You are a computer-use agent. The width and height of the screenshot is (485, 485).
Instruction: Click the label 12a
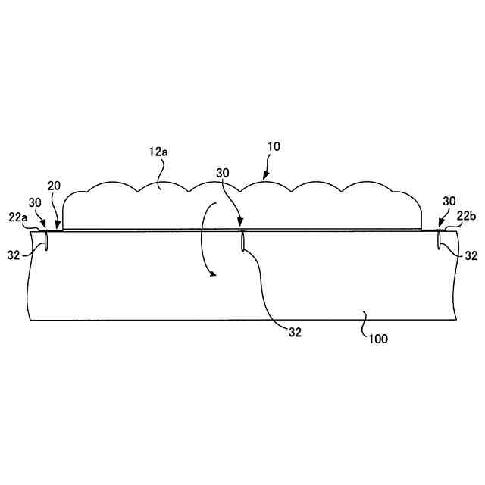[158, 152]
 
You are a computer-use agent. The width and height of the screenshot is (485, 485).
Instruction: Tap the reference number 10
[274, 146]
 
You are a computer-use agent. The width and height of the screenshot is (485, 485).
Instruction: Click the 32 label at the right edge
[471, 256]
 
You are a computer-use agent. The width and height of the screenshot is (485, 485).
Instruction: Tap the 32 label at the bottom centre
[296, 331]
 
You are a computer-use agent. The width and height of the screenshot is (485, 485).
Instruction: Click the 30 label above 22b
[449, 202]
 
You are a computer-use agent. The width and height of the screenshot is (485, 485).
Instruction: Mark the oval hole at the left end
[45, 240]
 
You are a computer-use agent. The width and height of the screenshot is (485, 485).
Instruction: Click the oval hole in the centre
[242, 241]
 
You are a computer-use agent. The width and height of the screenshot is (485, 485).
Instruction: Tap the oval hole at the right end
[440, 240]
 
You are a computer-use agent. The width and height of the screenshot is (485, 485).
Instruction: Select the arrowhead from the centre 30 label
[240, 226]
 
